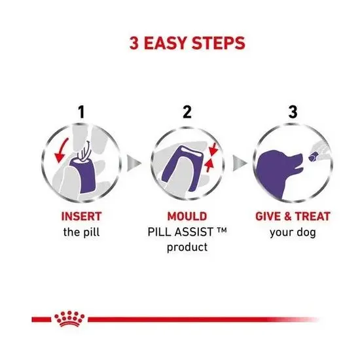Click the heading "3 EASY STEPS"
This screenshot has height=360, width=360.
click(x=179, y=44)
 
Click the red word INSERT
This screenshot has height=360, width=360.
click(x=81, y=217)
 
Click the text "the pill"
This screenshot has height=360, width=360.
click(x=81, y=232)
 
